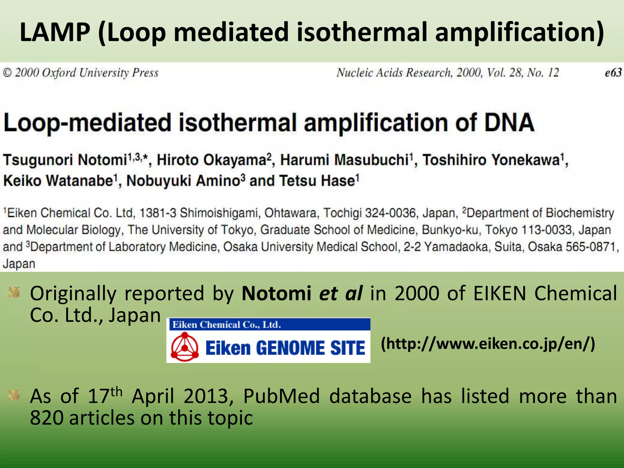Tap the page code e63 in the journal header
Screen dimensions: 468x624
click(613, 73)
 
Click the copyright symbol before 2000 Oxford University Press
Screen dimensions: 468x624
click(7, 73)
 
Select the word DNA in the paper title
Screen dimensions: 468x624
click(509, 123)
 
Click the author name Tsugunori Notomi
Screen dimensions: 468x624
click(65, 160)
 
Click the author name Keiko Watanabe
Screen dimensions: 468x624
click(58, 181)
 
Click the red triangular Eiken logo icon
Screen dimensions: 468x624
click(185, 347)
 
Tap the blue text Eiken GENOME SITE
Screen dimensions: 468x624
click(285, 348)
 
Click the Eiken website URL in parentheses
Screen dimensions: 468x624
click(488, 344)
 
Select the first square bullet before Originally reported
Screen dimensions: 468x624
click(14, 292)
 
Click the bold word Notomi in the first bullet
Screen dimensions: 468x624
click(276, 293)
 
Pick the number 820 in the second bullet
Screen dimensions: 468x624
click(46, 418)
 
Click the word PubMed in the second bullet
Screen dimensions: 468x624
click(281, 396)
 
